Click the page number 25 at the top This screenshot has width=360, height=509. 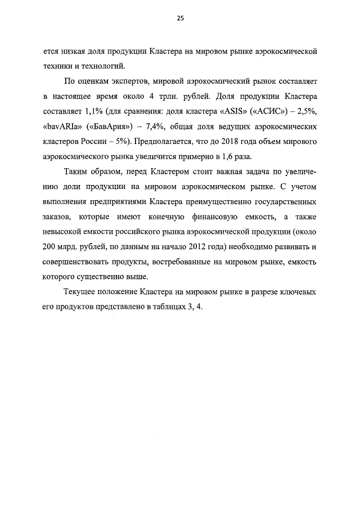point(180,18)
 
